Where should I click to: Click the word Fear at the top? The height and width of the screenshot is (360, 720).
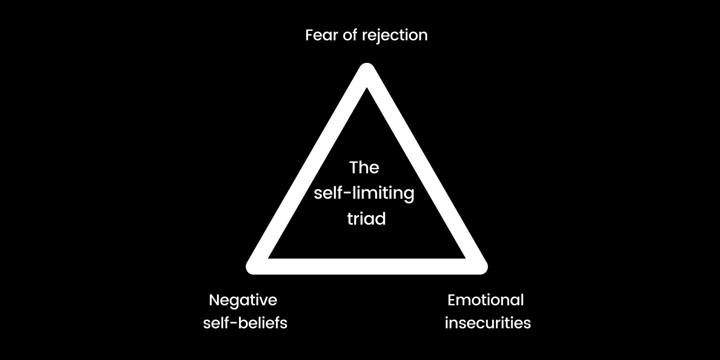(x=322, y=35)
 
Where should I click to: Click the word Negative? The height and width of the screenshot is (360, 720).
(x=243, y=300)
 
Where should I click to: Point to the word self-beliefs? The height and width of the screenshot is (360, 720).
(x=245, y=323)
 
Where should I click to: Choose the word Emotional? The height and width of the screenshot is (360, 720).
(x=485, y=300)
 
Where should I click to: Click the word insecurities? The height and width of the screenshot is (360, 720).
(x=488, y=323)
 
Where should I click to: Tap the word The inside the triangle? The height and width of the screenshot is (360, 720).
(x=364, y=168)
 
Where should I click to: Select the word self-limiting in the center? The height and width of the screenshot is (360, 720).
(x=364, y=193)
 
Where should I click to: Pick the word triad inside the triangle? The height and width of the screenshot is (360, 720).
(x=366, y=219)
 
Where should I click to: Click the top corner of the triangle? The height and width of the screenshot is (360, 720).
(x=367, y=71)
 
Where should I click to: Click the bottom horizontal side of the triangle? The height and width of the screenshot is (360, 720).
(x=367, y=266)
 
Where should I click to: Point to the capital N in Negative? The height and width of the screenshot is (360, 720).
(x=214, y=300)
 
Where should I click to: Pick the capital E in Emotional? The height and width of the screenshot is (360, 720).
(x=452, y=300)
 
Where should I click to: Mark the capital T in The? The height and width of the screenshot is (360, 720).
(x=354, y=168)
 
